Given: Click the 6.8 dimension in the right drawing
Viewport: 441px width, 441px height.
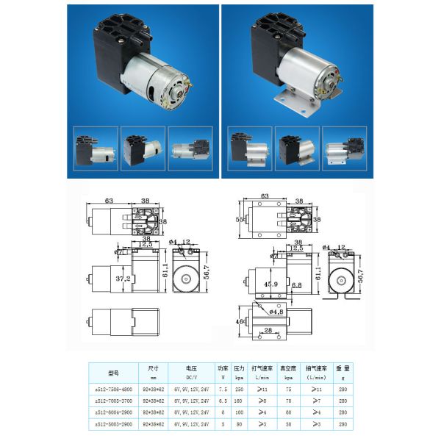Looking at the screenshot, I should coord(296,284).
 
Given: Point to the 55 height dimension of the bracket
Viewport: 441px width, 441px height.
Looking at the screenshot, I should coord(237,219).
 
